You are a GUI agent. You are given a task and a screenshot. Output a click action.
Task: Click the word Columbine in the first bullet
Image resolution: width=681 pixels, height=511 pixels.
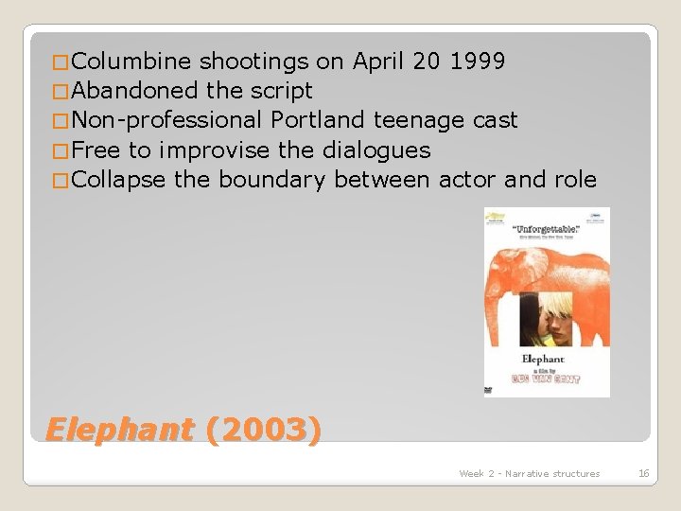click(x=131, y=62)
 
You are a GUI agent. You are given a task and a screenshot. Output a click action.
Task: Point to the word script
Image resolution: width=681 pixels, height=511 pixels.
click(x=282, y=92)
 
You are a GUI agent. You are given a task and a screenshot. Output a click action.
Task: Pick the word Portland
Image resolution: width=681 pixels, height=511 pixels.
click(x=318, y=121)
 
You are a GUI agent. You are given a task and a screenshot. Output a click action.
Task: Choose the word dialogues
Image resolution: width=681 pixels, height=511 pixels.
click(x=376, y=150)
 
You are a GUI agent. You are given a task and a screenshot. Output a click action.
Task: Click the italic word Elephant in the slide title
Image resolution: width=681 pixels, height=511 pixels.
click(x=119, y=431)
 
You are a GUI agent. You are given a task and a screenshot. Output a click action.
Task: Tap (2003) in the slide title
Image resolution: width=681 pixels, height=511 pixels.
click(x=263, y=431)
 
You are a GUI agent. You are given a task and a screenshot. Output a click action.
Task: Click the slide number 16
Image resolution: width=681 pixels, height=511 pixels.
click(x=643, y=473)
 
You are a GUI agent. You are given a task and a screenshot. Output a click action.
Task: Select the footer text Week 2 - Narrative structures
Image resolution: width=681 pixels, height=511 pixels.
click(x=529, y=473)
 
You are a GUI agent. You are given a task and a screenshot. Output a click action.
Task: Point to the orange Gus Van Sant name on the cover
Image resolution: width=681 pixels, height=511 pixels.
click(x=548, y=378)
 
